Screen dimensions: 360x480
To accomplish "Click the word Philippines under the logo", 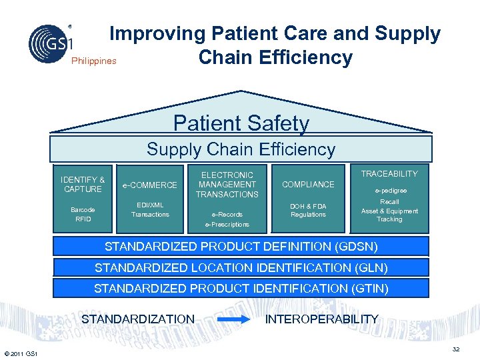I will [93, 61].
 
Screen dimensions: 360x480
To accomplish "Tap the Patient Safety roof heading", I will [241, 123].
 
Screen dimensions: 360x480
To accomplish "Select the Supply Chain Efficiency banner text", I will [241, 149].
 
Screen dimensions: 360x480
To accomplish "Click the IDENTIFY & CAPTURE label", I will [83, 184].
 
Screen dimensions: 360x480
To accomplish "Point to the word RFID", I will [83, 219].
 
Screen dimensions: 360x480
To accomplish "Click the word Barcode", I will [83, 209].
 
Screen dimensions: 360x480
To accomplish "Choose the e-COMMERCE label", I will [150, 185].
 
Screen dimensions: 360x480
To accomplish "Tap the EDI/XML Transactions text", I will [150, 209].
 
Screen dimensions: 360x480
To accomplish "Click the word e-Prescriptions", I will [227, 225].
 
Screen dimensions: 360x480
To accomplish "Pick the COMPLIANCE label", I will [308, 184].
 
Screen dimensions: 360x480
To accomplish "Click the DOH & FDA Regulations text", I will [308, 210].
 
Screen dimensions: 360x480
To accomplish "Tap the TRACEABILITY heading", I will [389, 174].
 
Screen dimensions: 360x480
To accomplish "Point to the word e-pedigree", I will [389, 190].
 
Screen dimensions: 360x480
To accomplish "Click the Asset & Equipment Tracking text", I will [389, 215].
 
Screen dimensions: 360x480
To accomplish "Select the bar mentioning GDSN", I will [241, 247].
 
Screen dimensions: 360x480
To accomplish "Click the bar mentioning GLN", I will [241, 268].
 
